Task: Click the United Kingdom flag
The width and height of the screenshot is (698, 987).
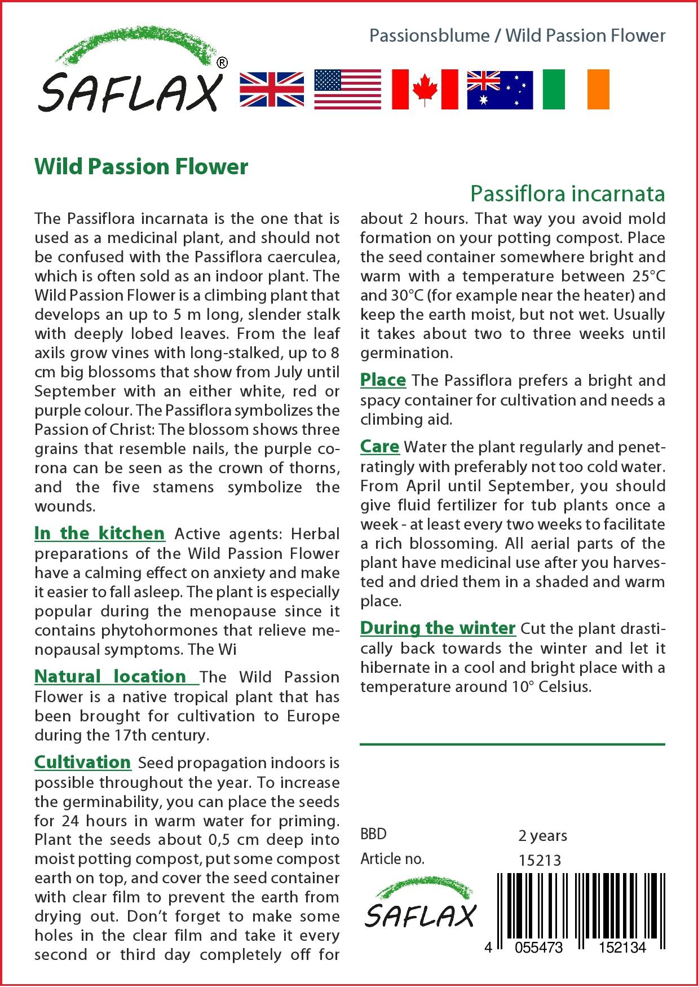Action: point(272,89)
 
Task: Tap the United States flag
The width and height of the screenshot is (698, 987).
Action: point(347,89)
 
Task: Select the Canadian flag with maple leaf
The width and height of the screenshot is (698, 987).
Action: point(425,89)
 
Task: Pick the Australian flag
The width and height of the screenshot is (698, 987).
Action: point(500,89)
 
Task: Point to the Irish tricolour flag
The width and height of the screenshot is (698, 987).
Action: point(576,89)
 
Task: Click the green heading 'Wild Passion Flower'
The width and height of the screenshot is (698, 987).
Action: point(141,166)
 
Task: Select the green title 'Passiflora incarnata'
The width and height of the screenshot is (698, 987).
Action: point(567,193)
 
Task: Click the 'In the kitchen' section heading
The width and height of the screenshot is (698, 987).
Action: point(99,533)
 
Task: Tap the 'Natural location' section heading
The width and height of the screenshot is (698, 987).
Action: point(111,676)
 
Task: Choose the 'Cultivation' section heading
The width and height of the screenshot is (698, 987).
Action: point(82,762)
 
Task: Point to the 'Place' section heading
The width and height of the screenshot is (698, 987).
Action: point(383,380)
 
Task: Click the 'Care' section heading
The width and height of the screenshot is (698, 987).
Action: point(379,447)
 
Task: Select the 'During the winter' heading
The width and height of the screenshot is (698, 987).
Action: point(438,628)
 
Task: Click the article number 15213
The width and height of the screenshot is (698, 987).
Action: point(540,861)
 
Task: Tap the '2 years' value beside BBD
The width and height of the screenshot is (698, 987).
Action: point(542,835)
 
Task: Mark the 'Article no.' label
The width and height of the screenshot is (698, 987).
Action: point(392,859)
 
